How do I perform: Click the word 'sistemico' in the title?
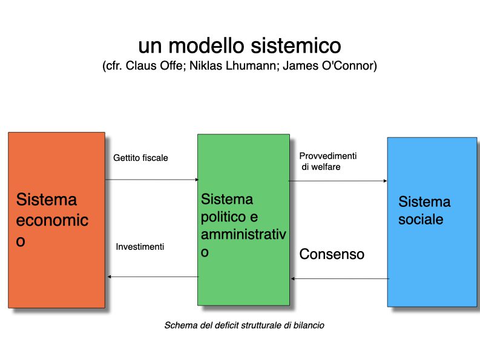click(296, 45)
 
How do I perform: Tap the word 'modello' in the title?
click(206, 45)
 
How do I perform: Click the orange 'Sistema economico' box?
click(57, 220)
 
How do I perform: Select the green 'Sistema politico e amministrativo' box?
click(244, 220)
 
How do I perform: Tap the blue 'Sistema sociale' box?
click(432, 222)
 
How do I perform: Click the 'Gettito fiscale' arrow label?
click(140, 158)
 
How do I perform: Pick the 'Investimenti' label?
click(140, 247)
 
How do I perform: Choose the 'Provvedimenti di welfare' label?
click(328, 162)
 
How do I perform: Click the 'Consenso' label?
click(332, 254)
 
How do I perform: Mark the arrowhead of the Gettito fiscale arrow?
click(197, 179)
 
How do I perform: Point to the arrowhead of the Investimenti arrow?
click(110, 277)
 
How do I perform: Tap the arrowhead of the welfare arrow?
click(385, 181)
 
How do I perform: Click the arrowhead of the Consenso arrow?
click(292, 278)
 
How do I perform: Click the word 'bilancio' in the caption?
click(309, 325)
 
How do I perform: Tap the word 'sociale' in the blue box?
click(421, 220)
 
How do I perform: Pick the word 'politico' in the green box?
click(223, 217)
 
